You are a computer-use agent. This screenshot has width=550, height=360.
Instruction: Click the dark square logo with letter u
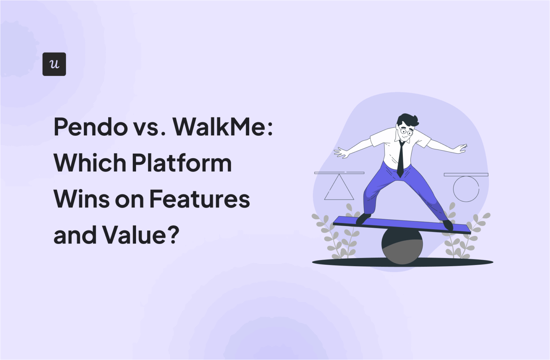[54, 64]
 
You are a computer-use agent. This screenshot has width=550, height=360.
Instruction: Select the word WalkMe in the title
[219, 127]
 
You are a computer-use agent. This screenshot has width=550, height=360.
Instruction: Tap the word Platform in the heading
[182, 163]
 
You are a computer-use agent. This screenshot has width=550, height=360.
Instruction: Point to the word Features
[199, 199]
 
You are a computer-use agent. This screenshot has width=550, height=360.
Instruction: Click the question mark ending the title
[173, 235]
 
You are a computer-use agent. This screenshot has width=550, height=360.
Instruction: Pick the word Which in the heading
[90, 163]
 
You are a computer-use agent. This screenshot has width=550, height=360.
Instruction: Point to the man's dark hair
[408, 120]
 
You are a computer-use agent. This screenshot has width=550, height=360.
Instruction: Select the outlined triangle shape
[339, 188]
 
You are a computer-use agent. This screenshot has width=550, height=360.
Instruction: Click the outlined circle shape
[466, 189]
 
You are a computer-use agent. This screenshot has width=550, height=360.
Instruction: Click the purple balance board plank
[401, 225]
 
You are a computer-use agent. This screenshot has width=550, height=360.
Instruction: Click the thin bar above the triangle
[339, 173]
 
